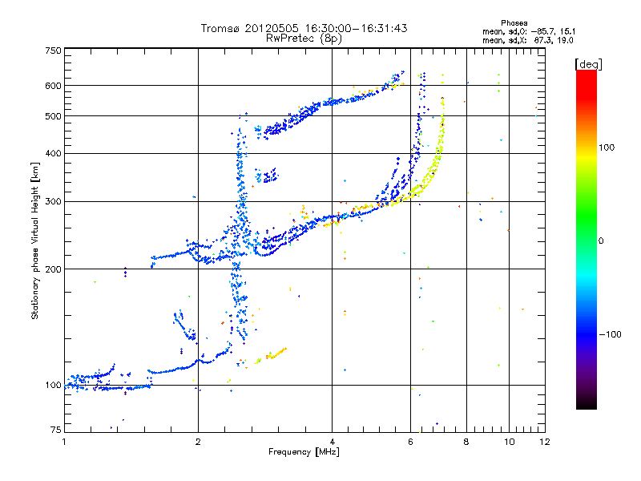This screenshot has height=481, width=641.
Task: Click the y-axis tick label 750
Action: coord(53,51)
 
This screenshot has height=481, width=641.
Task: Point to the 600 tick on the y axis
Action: coord(53,85)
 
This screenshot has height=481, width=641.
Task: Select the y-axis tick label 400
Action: coord(53,153)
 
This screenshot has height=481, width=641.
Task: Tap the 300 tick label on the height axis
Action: coord(53,201)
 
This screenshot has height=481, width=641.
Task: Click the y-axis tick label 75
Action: coord(55,431)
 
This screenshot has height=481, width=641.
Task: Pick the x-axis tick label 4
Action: coord(332,442)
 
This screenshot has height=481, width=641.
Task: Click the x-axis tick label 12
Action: coord(543,442)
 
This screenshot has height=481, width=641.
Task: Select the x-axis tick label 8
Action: coord(466,442)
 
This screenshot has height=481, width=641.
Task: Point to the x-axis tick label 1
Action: coord(65,442)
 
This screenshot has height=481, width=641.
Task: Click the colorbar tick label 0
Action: coord(603,240)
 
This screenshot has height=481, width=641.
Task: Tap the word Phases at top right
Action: coord(514,22)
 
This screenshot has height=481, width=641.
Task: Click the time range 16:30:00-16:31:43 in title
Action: coord(355,28)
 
